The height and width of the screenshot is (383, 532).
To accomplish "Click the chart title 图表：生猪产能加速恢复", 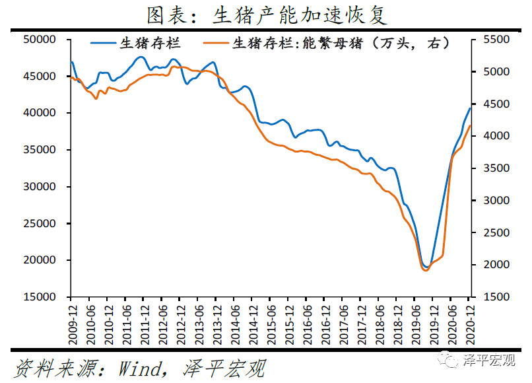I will (x=266, y=15).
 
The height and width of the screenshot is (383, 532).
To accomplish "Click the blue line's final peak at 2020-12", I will (x=470, y=108).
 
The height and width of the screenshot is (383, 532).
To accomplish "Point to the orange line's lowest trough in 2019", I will (x=425, y=271).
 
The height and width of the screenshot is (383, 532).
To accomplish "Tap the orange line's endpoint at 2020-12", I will (x=470, y=125).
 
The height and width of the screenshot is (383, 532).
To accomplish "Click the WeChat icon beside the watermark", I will (x=451, y=360).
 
